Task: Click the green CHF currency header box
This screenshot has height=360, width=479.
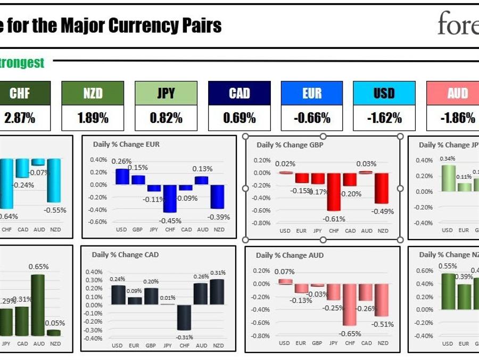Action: (20, 94)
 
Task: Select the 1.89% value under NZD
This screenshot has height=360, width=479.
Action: (93, 118)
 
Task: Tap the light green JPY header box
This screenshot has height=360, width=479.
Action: (166, 94)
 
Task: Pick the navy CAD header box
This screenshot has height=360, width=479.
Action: (239, 94)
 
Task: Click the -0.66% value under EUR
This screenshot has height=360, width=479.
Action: (312, 118)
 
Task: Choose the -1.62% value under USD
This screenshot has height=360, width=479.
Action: (384, 118)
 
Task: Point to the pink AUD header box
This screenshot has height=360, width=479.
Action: (457, 94)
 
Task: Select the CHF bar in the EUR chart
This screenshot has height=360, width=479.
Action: (170, 198)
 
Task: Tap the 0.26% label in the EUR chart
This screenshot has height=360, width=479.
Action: (121, 161)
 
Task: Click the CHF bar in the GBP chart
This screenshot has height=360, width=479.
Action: (334, 192)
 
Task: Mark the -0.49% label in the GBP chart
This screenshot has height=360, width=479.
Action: (383, 211)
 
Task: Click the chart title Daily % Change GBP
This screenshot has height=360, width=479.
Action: (290, 145)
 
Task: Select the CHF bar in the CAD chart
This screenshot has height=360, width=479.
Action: (184, 317)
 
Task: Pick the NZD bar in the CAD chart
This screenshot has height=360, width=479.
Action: (218, 292)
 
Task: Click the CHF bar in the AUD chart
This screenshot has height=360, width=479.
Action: (350, 305)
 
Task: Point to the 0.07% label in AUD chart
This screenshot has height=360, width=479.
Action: (284, 272)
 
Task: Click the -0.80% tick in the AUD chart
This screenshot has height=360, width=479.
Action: (261, 336)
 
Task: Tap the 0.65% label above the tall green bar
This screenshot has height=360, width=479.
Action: (38, 266)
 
